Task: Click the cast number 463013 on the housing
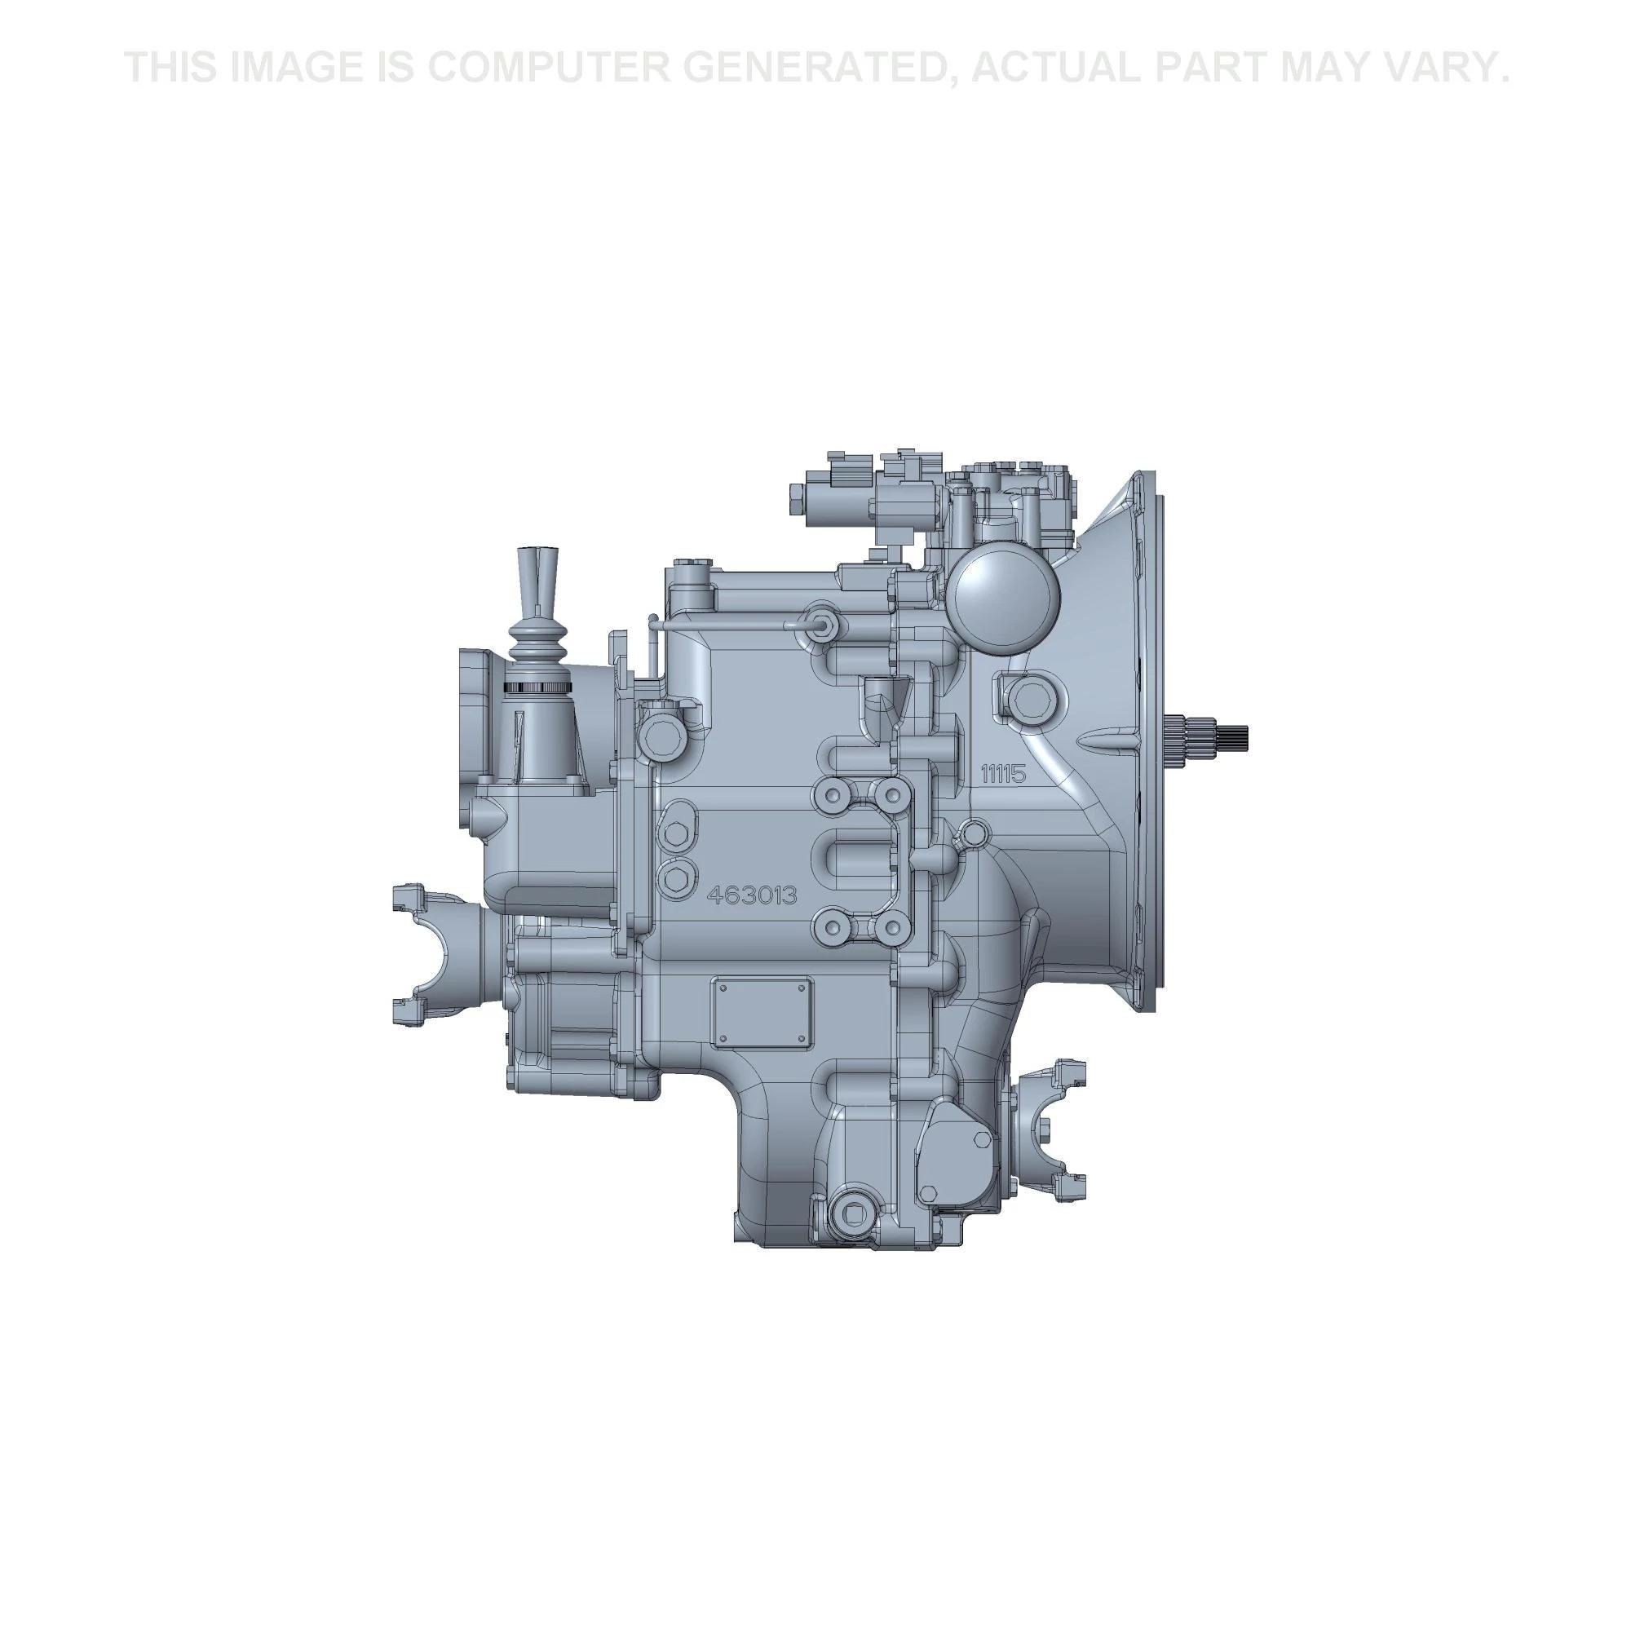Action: pos(751,895)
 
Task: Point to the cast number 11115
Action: pos(1002,773)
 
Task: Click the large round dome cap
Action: pos(1002,594)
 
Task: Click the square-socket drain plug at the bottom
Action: pos(847,1214)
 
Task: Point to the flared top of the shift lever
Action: pos(534,564)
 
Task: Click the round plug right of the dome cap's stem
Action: pos(1028,697)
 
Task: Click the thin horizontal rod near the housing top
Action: pos(726,625)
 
